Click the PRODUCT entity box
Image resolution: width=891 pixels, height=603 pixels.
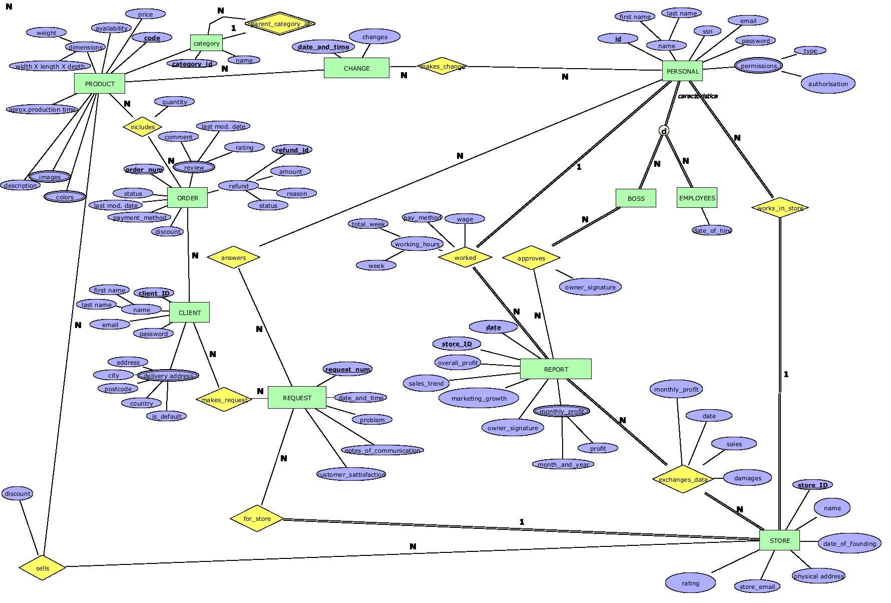click(x=100, y=84)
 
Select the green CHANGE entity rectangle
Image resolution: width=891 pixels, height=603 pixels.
click(x=356, y=68)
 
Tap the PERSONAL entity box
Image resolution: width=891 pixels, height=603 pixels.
click(x=682, y=71)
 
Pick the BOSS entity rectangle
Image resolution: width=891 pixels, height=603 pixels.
click(x=636, y=198)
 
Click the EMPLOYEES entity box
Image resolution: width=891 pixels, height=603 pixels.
click(x=697, y=198)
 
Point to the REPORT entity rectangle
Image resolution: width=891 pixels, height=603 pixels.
click(x=556, y=369)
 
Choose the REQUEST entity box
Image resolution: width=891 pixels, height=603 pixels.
click(x=297, y=398)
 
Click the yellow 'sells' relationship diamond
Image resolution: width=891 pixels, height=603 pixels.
click(x=43, y=568)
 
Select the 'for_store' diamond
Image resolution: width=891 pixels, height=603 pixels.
click(x=257, y=518)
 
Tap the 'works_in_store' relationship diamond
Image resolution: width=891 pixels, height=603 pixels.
click(x=780, y=208)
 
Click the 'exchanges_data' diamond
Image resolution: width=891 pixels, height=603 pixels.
click(x=683, y=479)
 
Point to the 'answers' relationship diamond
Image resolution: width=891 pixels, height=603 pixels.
click(x=233, y=257)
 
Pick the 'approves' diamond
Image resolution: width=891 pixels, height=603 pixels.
click(x=531, y=258)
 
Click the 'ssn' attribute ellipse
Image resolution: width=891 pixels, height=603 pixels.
click(x=707, y=31)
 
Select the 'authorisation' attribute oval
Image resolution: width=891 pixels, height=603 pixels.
click(x=828, y=84)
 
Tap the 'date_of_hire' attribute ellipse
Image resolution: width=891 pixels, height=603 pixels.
click(x=712, y=230)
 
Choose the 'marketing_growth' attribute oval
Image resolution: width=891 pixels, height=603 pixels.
click(x=479, y=399)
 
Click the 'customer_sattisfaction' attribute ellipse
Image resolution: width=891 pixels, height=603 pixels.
click(x=351, y=474)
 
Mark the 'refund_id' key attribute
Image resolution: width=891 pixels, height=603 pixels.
click(x=292, y=150)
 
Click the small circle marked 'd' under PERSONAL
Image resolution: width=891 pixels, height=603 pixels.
click(x=664, y=131)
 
